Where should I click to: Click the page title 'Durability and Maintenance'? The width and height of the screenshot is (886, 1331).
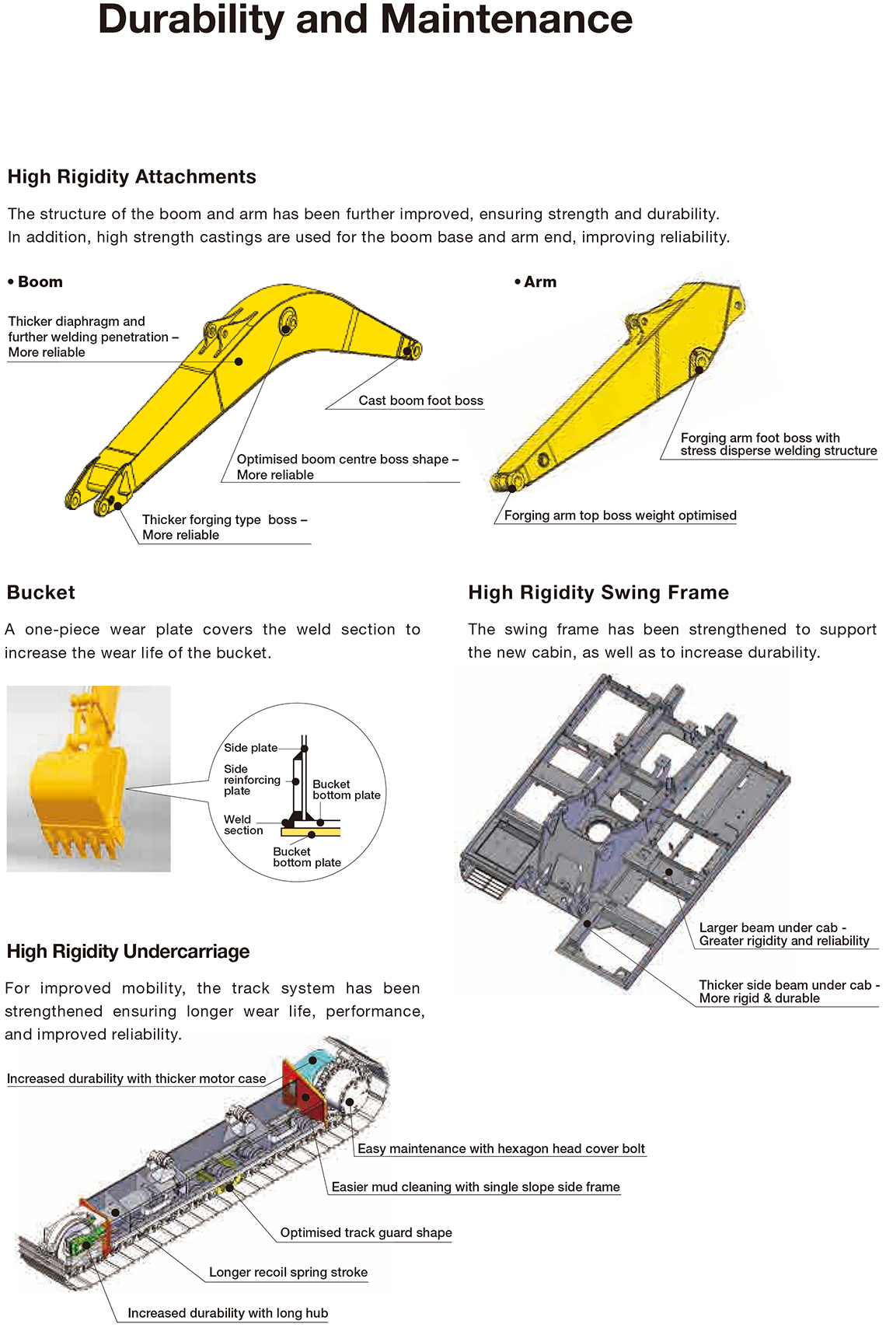(x=365, y=19)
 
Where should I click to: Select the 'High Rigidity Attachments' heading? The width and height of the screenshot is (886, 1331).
(x=132, y=177)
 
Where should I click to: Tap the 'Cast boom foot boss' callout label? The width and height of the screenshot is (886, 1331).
(x=420, y=400)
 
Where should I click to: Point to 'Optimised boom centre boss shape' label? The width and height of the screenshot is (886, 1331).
(x=347, y=467)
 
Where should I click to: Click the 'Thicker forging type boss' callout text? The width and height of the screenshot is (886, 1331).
(x=225, y=527)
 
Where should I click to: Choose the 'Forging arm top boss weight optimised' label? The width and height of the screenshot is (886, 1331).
(x=620, y=515)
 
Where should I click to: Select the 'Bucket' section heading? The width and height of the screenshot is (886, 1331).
(x=41, y=592)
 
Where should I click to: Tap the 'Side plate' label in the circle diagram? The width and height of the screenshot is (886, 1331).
(x=250, y=747)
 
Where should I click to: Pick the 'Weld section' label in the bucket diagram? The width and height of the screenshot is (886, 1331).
(x=243, y=825)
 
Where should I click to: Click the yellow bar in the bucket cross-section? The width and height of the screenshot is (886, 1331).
(x=311, y=832)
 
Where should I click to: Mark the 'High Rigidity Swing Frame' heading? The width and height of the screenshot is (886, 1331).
(x=598, y=592)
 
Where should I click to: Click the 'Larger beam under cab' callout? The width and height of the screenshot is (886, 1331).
(x=784, y=934)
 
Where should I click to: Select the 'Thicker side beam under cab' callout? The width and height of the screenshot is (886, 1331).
(x=789, y=991)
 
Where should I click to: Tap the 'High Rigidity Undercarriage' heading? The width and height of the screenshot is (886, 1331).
(x=128, y=952)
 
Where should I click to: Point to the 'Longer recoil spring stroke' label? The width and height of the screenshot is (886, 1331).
(x=288, y=1272)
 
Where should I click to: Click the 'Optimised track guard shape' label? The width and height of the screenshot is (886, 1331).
(x=366, y=1232)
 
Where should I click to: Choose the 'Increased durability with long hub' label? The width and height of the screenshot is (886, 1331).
(x=228, y=1312)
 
